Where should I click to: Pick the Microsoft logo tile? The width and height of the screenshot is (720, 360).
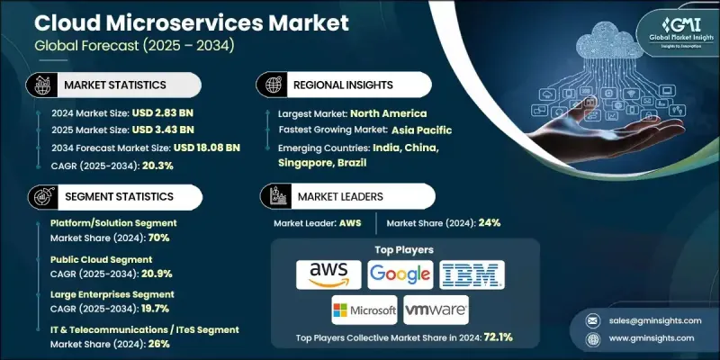click(364, 310)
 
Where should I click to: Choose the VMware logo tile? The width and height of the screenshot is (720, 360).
click(436, 310)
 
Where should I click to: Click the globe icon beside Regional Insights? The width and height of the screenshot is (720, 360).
click(270, 85)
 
